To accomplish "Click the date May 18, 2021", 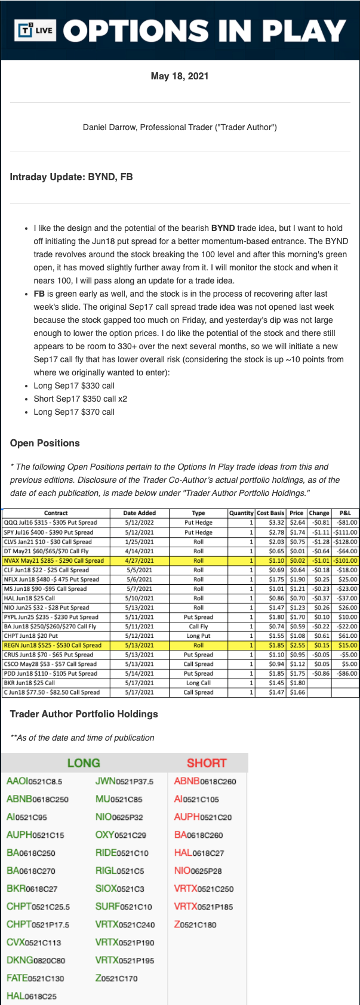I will click(x=180, y=76).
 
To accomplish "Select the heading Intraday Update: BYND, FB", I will click(x=71, y=177).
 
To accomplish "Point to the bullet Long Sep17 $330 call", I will click(x=74, y=386).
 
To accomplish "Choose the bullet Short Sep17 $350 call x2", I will click(x=80, y=399).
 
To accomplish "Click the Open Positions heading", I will click(x=45, y=443).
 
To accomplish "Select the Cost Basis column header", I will click(x=270, y=513).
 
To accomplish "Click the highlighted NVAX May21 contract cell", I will click(x=54, y=560).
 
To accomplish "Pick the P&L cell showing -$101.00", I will click(x=346, y=560).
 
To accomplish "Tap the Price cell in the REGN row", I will click(x=297, y=645).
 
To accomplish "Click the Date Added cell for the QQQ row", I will click(x=139, y=522).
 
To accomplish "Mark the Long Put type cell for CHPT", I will click(x=198, y=636).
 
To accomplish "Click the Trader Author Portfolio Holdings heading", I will click(x=84, y=714).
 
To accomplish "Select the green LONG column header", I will click(x=84, y=763).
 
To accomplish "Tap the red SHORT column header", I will click(x=207, y=763).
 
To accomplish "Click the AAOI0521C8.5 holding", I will click(x=35, y=781).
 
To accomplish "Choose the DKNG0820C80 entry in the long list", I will click(x=36, y=960).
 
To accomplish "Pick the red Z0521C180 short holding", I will click(x=195, y=924).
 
